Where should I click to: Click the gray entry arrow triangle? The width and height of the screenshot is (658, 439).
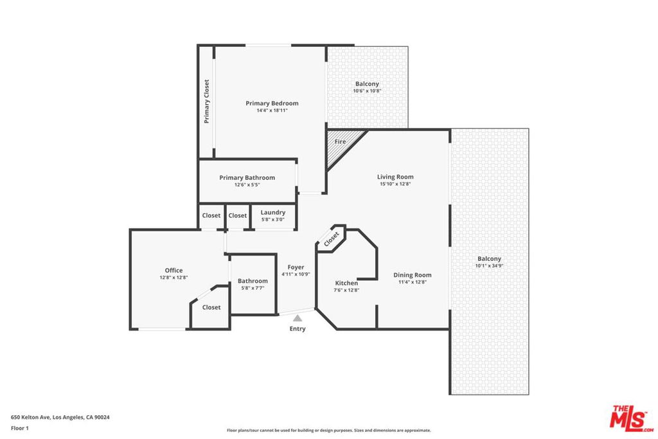(298, 318)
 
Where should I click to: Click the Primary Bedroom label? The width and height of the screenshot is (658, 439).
(272, 103)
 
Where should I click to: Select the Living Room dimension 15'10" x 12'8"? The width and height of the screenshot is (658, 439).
(395, 184)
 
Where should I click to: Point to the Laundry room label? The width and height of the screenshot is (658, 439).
(272, 212)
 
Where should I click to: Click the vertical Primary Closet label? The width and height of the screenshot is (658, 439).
(206, 102)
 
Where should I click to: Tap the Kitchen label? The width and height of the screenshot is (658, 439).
(346, 283)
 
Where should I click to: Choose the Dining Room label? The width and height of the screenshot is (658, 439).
(412, 275)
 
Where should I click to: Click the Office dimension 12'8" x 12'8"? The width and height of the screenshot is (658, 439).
(173, 278)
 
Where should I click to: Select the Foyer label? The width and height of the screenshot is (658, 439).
(296, 267)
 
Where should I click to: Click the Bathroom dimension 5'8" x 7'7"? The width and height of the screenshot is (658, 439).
(253, 288)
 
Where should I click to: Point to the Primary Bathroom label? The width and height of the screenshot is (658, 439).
(247, 177)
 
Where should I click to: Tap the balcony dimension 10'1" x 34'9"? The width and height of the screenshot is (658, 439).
(489, 265)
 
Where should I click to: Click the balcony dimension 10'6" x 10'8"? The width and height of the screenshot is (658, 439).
(367, 91)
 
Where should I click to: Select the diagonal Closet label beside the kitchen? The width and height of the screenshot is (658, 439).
(332, 239)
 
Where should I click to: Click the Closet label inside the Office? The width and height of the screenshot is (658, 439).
(211, 307)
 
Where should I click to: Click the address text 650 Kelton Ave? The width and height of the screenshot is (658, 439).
(31, 417)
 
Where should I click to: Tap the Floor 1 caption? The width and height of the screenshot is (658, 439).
(20, 428)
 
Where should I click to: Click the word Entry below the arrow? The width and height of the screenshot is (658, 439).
(298, 328)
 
